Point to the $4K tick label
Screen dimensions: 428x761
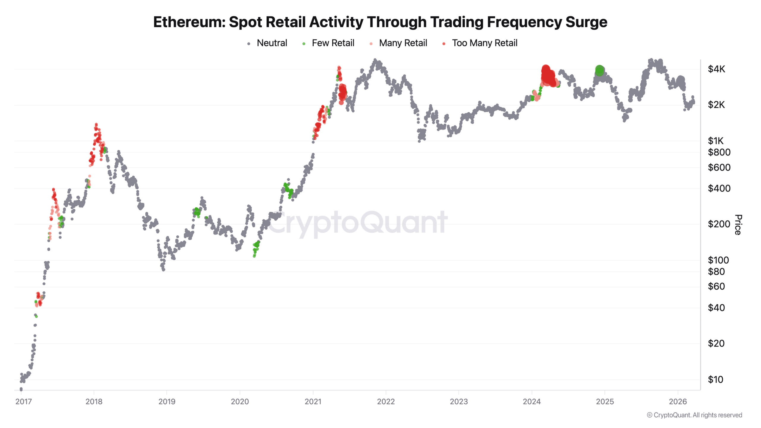pos(716,69)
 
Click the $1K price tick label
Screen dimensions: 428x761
pos(716,141)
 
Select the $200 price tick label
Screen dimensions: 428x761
pos(719,224)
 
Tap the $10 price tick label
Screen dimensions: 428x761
pos(715,379)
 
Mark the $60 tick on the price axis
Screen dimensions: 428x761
pos(716,286)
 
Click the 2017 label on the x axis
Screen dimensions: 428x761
pos(23,402)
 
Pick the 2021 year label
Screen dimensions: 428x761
pos(313,402)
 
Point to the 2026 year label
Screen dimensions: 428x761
pos(678,402)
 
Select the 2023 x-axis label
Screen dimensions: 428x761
pos(459,402)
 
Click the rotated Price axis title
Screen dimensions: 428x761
pos(738,224)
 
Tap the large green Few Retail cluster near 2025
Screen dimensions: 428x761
pos(600,71)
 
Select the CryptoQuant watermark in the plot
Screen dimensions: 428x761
pos(357,223)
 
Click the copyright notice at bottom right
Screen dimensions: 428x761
pos(694,415)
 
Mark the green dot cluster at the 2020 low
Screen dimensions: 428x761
pos(256,248)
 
